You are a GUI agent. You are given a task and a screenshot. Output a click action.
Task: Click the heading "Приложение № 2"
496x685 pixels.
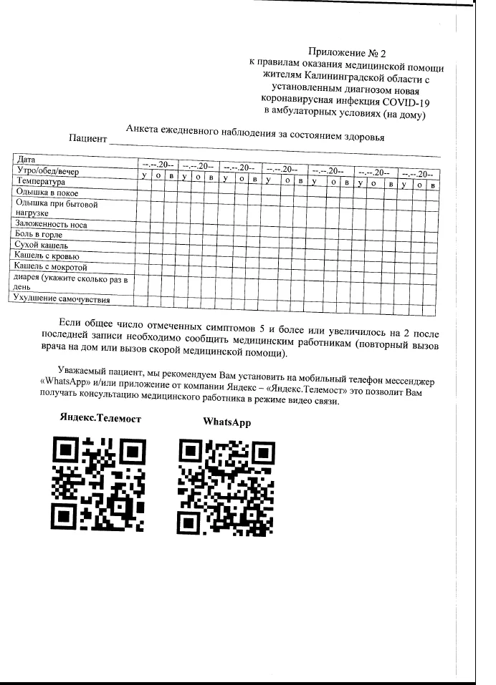(x=346, y=52)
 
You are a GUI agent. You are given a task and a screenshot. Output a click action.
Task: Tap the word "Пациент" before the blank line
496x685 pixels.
(x=87, y=137)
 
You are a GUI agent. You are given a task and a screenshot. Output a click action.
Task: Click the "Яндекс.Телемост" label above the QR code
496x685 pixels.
(x=100, y=417)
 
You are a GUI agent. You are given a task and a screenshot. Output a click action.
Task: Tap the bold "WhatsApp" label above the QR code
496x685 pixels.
(x=226, y=422)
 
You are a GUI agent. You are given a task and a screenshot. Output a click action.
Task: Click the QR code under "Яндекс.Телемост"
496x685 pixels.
(x=100, y=485)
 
